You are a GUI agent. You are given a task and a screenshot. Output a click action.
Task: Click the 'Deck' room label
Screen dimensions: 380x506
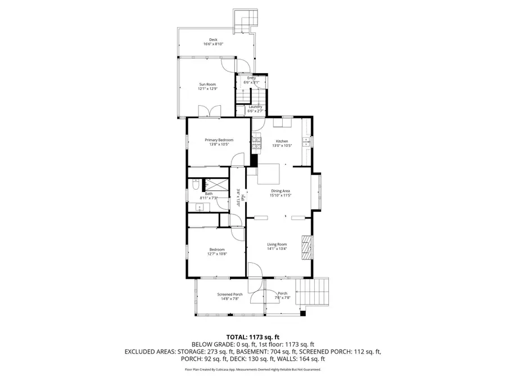pyautogui.click(x=214, y=39)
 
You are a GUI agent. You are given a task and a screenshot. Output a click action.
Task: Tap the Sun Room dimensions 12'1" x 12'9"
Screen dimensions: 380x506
pyautogui.click(x=207, y=89)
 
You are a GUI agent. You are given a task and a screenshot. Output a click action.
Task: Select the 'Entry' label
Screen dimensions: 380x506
pyautogui.click(x=251, y=78)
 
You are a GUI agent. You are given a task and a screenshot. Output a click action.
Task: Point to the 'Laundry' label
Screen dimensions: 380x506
pyautogui.click(x=255, y=106)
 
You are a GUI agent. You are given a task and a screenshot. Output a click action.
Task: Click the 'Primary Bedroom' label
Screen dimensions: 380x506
pyautogui.click(x=219, y=140)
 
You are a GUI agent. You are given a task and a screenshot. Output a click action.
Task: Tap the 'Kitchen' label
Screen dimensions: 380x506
pyautogui.click(x=282, y=141)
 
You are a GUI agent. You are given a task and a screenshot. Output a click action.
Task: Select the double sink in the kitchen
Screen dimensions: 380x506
pyautogui.click(x=306, y=142)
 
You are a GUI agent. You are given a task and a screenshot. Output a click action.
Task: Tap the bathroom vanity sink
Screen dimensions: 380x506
pyautogui.click(x=199, y=207)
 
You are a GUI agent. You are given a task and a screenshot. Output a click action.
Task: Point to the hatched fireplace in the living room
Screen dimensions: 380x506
pyautogui.click(x=306, y=245)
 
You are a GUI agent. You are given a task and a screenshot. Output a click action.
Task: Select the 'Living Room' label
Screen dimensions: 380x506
pyautogui.click(x=277, y=244)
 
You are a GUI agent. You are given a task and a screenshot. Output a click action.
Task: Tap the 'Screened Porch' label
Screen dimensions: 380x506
pyautogui.click(x=230, y=294)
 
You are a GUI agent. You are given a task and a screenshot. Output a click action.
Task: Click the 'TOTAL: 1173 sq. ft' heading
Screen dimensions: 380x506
pyautogui.click(x=253, y=336)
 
